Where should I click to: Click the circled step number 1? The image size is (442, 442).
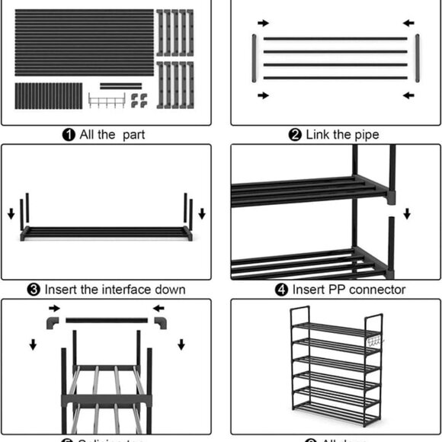coord(69,135)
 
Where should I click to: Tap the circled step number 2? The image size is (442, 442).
coord(295,135)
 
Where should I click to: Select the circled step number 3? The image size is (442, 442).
coord(34,290)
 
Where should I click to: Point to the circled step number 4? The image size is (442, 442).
coord(280,290)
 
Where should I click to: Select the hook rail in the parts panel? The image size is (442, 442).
coord(106,100)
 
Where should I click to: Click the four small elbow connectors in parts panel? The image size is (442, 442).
coord(139,100)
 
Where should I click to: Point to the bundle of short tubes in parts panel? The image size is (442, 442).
coord(48,95)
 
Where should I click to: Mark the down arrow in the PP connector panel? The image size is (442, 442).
coord(406,211)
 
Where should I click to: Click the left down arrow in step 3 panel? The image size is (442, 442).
coord(11,211)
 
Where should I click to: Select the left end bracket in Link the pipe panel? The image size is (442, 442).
coord(253,56)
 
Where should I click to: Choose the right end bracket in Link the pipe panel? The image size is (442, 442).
coord(417,56)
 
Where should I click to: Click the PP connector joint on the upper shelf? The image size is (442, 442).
coord(389,197)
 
